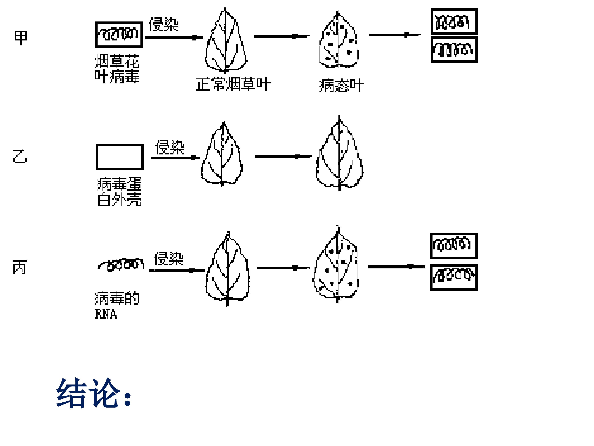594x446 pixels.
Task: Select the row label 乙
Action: pyautogui.click(x=20, y=156)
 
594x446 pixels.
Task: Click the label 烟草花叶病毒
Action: pyautogui.click(x=117, y=69)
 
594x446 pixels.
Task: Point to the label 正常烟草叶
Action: pyautogui.click(x=233, y=84)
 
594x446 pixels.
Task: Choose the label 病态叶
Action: pyautogui.click(x=341, y=86)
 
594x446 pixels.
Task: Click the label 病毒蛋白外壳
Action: pyautogui.click(x=119, y=191)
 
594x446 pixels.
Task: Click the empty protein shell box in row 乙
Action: pyautogui.click(x=120, y=157)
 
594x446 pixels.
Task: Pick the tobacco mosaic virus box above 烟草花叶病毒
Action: pyautogui.click(x=119, y=35)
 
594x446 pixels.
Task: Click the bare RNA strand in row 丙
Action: pyautogui.click(x=121, y=265)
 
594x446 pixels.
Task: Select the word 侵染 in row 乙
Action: pyautogui.click(x=170, y=147)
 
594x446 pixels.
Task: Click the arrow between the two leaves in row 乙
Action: pyautogui.click(x=283, y=157)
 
